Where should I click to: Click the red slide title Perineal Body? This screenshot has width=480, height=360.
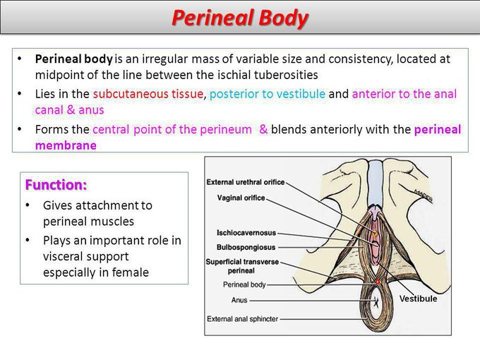[x=240, y=18]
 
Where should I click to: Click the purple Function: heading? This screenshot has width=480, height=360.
[x=56, y=185]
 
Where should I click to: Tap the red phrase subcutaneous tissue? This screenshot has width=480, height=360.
[x=148, y=94]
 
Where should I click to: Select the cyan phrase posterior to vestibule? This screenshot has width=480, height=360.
[x=268, y=94]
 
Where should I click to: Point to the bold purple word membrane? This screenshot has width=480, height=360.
[x=66, y=145]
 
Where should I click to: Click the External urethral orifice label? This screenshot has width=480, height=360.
[x=246, y=182]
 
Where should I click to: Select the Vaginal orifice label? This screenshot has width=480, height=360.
[x=241, y=198]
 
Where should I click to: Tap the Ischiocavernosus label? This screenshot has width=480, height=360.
[x=246, y=233]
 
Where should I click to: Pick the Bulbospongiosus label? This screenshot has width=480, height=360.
[x=246, y=247]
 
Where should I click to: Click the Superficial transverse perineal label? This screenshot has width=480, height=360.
[x=242, y=266]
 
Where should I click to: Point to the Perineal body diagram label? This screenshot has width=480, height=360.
[x=244, y=284]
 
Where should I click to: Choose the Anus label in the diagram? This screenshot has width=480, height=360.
[x=239, y=300]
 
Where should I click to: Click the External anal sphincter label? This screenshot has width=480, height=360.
[x=242, y=319]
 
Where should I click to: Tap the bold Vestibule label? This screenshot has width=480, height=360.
[x=418, y=299]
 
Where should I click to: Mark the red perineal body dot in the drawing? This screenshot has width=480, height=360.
[x=378, y=282]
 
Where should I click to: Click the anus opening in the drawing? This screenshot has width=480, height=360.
[x=376, y=303]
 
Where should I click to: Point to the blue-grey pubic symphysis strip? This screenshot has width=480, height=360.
[x=375, y=183]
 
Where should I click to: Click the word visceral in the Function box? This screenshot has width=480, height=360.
[x=64, y=256]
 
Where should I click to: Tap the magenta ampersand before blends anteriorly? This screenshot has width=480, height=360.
[x=263, y=129]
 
